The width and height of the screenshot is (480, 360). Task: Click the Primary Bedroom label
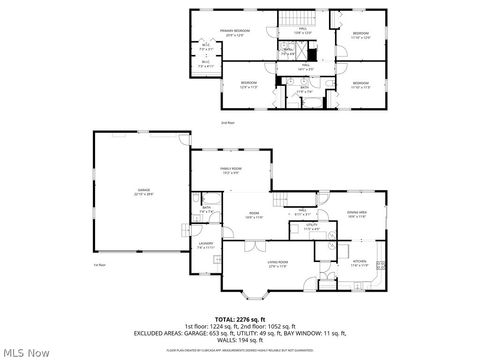(x=235, y=32)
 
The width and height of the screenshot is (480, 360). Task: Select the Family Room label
(x=232, y=170)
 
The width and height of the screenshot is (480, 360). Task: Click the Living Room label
(x=250, y=265)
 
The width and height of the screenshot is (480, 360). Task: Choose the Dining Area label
(x=357, y=213)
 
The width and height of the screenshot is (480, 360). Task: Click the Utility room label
(x=311, y=228)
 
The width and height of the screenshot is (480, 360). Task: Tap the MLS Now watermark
(x=27, y=351)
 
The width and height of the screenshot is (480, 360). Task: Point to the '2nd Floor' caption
(x=227, y=123)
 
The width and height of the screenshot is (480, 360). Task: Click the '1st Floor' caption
(x=99, y=265)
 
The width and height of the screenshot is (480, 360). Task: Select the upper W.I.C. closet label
(x=206, y=45)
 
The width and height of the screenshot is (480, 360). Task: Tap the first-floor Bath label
(x=205, y=211)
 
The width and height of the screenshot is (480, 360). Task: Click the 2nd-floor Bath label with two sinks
(x=305, y=89)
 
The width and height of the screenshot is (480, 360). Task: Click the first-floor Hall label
(x=303, y=213)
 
